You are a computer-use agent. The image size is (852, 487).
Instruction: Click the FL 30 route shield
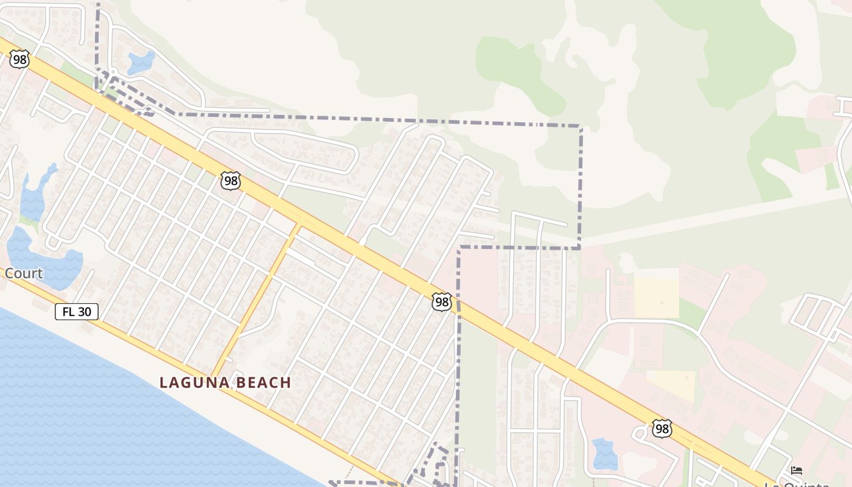77,312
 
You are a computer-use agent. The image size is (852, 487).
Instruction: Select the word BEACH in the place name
262,383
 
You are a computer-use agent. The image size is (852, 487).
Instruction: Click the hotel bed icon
796,470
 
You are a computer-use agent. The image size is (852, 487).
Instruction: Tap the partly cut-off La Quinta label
797,484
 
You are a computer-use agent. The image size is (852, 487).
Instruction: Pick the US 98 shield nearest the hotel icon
662,428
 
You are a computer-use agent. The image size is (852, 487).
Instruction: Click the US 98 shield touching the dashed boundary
442,302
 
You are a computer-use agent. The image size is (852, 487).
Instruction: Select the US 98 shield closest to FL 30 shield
230,181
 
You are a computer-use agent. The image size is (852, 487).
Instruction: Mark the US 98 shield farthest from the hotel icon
19,59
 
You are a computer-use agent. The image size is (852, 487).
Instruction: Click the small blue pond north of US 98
141,62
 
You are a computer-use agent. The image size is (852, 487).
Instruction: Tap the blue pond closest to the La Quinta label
604,454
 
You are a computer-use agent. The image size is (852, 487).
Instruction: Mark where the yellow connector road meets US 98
299,225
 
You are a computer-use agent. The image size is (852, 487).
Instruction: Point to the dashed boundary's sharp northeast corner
581,127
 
